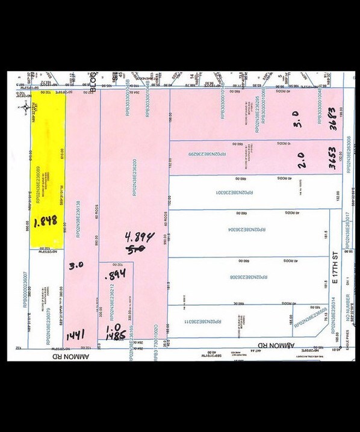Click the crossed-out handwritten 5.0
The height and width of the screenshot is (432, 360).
136,247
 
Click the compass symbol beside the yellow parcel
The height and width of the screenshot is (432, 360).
25,108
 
